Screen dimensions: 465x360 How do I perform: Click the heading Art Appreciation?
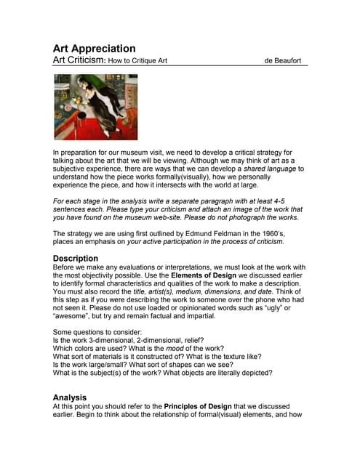tap(94, 49)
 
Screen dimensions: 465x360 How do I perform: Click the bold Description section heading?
tap(76, 258)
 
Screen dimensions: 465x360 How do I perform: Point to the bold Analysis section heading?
tap(70, 397)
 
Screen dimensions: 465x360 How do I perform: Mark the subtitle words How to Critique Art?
tap(137, 61)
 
